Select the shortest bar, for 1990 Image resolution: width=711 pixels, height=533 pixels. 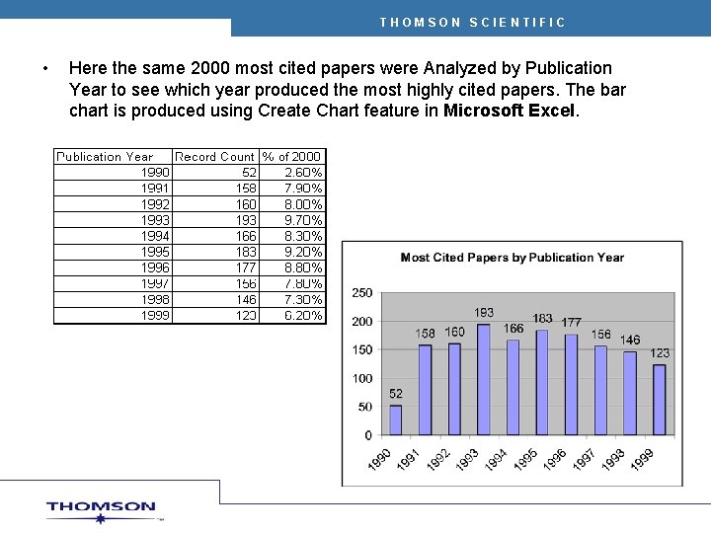coord(396,420)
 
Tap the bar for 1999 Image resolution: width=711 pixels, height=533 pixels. coord(660,400)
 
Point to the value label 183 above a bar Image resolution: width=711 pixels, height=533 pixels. coord(542,318)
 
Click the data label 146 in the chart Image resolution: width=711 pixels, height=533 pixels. coord(630,340)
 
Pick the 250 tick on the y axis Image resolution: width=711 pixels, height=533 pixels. coord(362,293)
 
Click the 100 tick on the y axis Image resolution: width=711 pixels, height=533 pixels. coord(362,378)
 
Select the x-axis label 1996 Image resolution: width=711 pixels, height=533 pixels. coord(555,460)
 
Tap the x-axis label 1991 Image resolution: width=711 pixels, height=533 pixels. coord(409,460)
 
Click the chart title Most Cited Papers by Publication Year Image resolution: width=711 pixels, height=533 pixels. coord(512,258)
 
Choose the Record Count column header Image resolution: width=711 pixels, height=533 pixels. coord(214,156)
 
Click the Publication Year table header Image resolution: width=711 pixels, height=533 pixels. coord(105,156)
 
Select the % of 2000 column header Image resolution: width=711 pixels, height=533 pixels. coord(292,156)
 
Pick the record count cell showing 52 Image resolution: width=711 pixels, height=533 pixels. coord(247,172)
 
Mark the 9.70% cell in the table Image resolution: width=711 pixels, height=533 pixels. coord(302,219)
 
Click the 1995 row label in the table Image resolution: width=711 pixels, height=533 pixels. coord(155,252)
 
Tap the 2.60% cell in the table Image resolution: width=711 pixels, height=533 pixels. coord(302,172)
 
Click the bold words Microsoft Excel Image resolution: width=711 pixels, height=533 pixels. coord(509,111)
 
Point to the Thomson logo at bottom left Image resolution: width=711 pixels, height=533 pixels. coord(101,509)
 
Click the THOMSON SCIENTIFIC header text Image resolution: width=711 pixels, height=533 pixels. coord(472,22)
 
